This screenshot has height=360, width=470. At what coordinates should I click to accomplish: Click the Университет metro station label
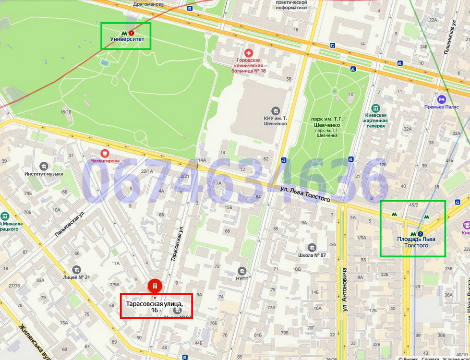127,39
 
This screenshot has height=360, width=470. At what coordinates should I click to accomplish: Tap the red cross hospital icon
249,53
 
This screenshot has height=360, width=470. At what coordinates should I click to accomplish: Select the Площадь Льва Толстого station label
412,242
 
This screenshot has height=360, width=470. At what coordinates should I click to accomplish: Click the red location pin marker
155,286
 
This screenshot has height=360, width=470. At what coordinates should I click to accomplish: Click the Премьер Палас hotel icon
442,99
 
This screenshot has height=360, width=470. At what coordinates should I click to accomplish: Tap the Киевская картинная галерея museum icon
375,108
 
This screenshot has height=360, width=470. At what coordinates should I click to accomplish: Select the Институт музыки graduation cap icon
44,166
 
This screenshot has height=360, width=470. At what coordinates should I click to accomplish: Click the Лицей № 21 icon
76,270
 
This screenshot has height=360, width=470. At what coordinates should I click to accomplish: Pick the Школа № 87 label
312,255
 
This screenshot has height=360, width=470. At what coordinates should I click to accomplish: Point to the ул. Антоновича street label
344,290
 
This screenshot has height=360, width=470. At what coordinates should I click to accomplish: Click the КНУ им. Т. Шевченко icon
275,110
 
